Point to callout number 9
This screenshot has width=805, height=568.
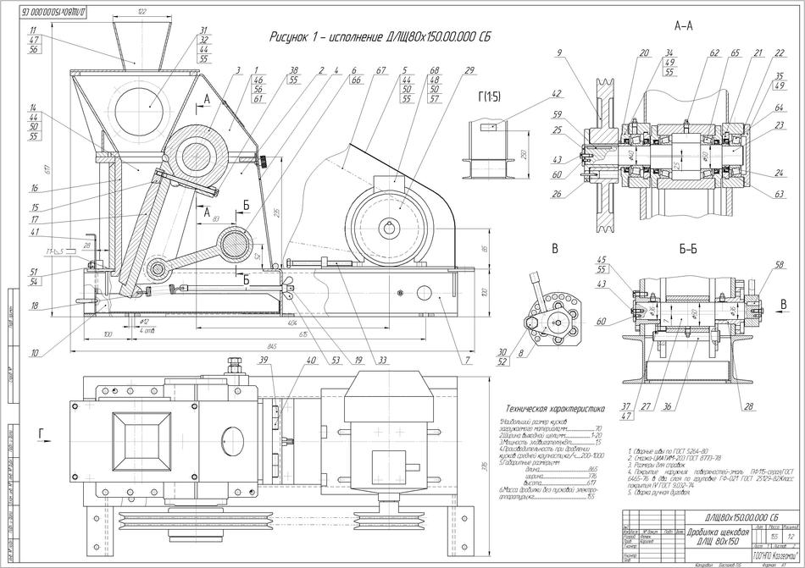click(x=559, y=53)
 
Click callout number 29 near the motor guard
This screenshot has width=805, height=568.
click(x=469, y=70)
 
